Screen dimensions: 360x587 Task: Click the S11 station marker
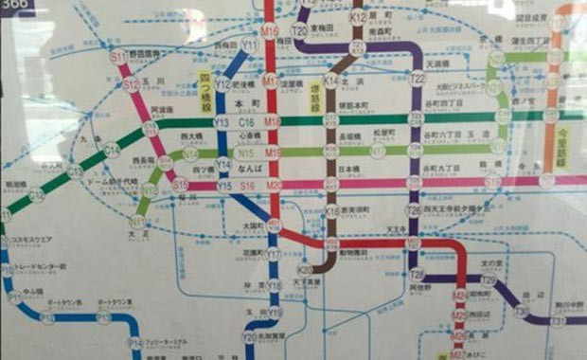click(118, 58)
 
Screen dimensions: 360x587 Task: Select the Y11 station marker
click(250, 45)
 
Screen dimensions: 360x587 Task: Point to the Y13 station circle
click(222, 122)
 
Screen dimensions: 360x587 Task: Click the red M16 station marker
click(270, 32)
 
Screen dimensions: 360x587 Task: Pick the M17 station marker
click(271, 81)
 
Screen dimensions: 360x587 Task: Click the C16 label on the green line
click(248, 122)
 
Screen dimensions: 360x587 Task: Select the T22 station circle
click(418, 79)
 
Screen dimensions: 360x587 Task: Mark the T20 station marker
click(299, 30)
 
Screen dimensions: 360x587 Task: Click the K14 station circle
click(330, 81)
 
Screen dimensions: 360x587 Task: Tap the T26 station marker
click(413, 210)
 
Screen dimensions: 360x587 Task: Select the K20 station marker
click(305, 270)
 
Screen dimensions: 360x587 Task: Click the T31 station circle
click(558, 321)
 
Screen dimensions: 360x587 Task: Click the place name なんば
click(248, 167)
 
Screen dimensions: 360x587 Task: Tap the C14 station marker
click(112, 150)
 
